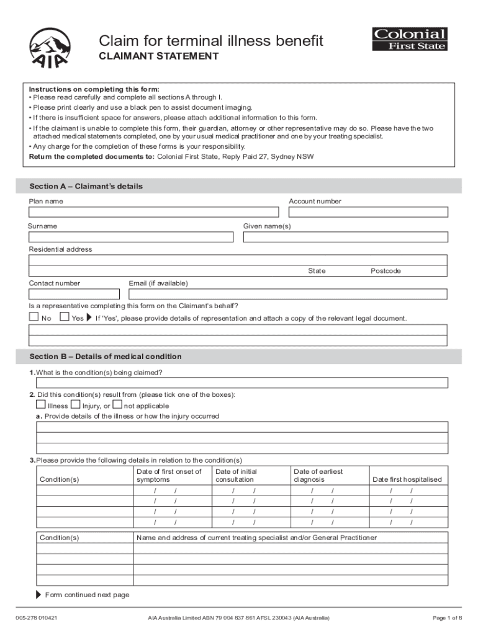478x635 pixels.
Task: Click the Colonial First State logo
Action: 409,39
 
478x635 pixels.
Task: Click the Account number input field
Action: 368,212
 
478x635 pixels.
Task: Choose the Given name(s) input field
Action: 345,237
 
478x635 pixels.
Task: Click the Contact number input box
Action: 74,294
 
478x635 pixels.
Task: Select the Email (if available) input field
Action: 287,294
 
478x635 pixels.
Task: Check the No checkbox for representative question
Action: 34,317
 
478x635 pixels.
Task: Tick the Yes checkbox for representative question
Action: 65,317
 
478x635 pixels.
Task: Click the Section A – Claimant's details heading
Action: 86,187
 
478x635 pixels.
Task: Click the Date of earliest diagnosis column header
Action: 318,476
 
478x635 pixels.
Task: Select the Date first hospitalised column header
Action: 407,479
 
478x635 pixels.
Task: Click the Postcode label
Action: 386,271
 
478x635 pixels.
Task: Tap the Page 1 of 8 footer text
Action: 446,618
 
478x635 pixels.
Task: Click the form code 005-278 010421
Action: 37,618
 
